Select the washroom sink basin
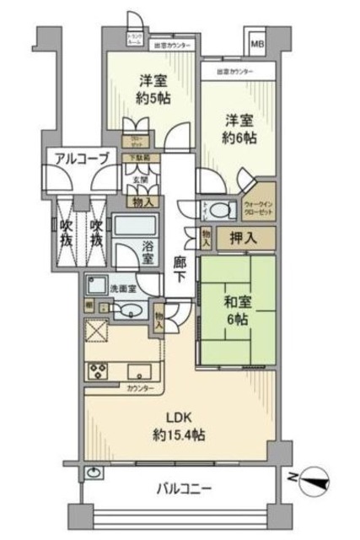125,311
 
